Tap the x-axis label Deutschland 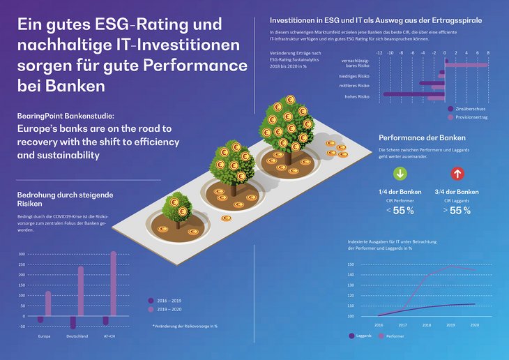point(77,336)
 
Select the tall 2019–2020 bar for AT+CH point(114,287)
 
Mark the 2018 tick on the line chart point(427,325)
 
